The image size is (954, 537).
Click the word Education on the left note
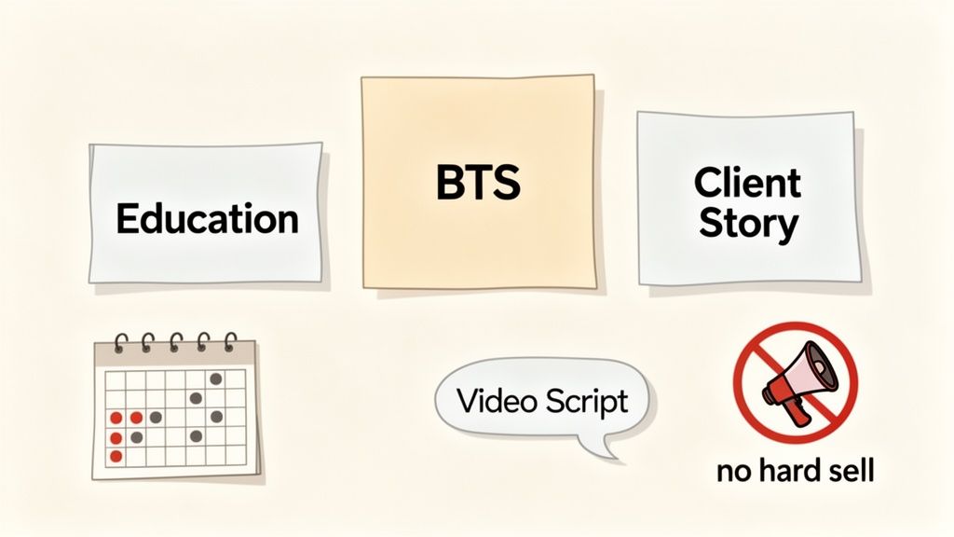207,219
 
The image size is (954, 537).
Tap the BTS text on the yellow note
478,183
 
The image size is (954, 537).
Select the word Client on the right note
747,182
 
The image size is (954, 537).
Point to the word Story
748,225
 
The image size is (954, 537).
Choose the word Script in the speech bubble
587,403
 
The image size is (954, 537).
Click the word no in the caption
733,474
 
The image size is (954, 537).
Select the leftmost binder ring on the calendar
122,342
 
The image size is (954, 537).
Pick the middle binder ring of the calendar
176,342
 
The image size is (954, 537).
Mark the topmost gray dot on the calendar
216,379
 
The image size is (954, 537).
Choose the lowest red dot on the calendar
116,456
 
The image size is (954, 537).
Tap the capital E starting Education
127,219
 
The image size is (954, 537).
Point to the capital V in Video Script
469,401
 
